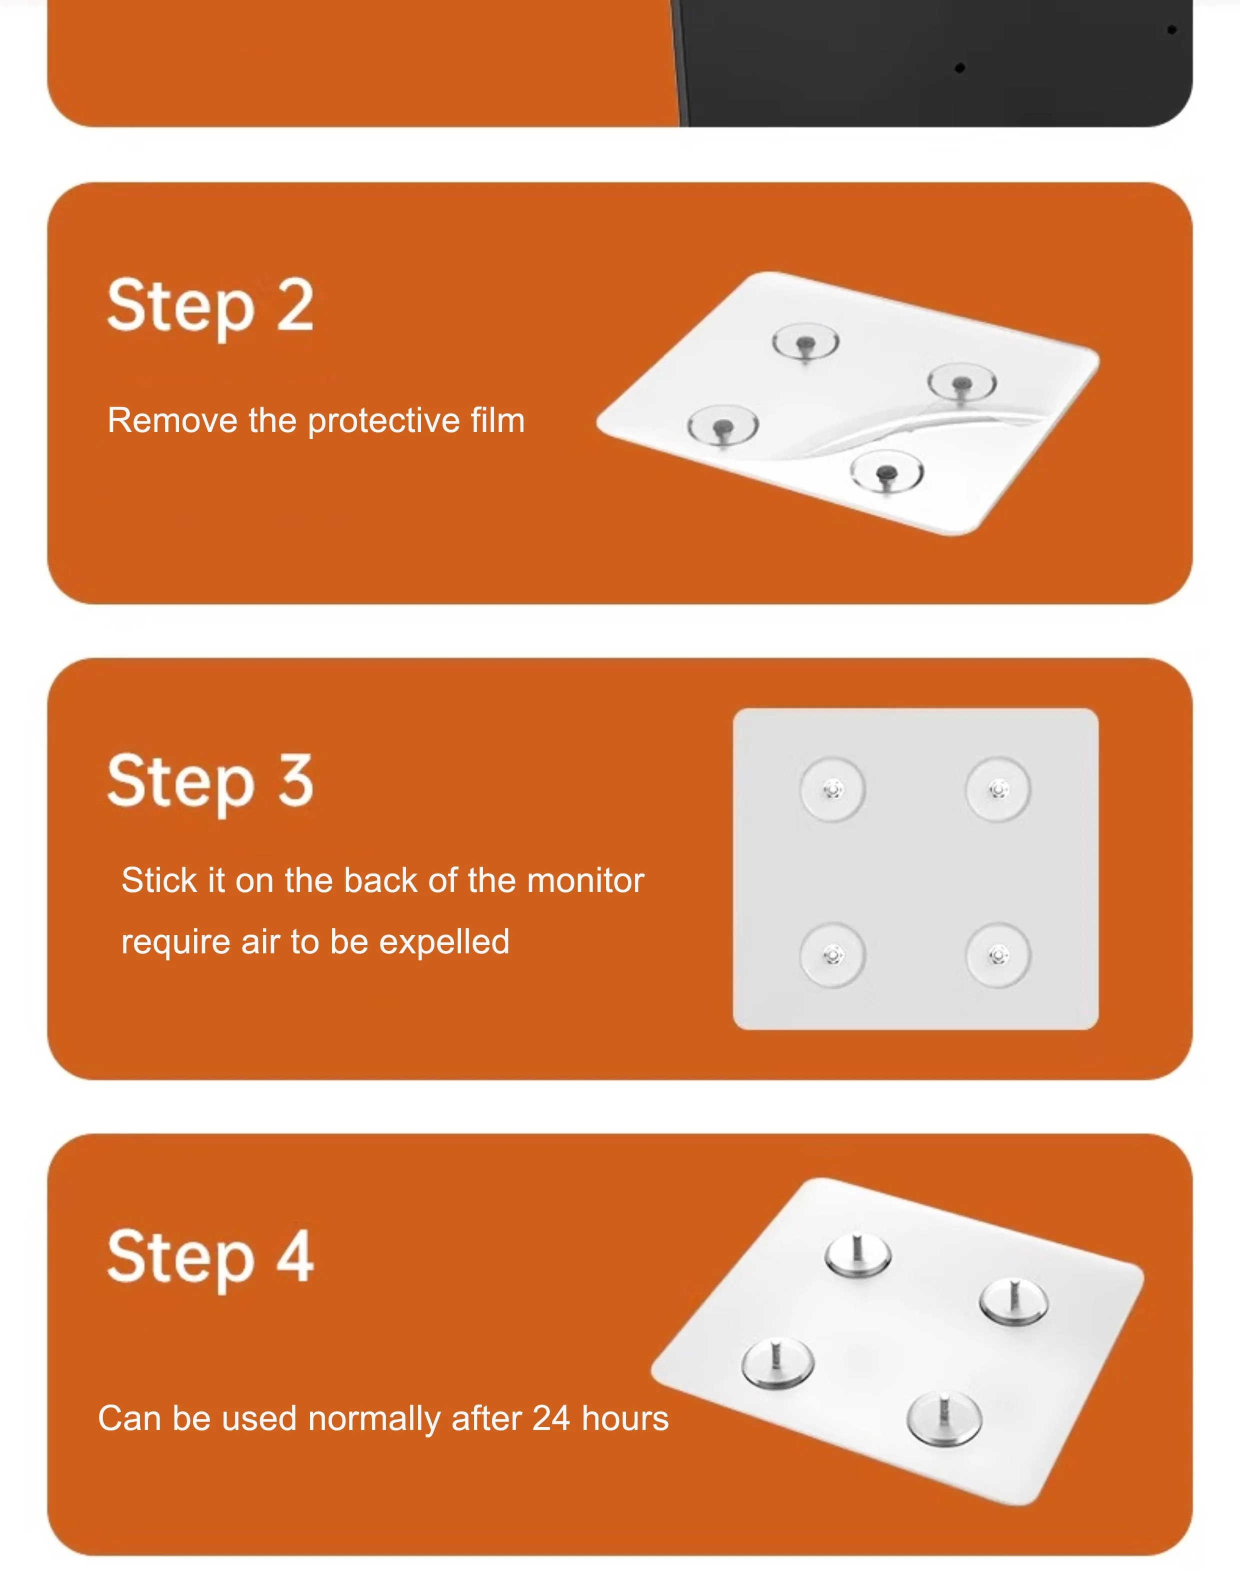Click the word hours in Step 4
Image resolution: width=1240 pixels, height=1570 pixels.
625,1418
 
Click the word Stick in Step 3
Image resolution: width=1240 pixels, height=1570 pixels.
159,880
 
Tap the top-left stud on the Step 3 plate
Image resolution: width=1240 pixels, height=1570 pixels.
832,789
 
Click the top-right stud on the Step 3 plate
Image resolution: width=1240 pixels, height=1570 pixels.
998,789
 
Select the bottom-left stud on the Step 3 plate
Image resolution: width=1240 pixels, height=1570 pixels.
832,955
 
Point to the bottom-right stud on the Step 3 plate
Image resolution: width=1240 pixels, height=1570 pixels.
998,955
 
